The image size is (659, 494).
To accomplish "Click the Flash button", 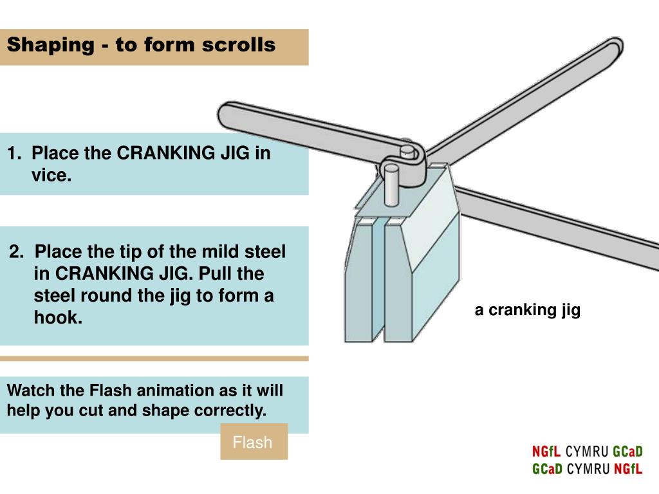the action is (x=253, y=442).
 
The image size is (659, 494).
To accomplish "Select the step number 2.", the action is (x=15, y=252).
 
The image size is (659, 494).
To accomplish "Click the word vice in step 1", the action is (x=51, y=175).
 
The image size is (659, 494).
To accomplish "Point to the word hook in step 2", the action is (x=58, y=317).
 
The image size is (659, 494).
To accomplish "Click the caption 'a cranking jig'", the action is (x=528, y=310).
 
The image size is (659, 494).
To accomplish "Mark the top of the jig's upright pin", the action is (x=407, y=151).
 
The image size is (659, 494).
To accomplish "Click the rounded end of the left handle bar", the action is (x=227, y=115).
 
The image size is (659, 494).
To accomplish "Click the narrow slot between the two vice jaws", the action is (x=380, y=283).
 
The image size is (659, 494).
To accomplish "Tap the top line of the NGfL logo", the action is (x=587, y=451).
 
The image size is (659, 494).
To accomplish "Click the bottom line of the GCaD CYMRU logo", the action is (x=587, y=469).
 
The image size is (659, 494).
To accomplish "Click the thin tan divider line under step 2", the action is (x=154, y=358).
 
